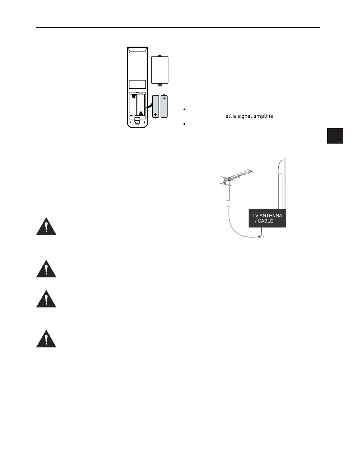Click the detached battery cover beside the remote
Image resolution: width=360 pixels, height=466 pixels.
(160, 70)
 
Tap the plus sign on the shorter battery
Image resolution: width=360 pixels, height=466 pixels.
(156, 114)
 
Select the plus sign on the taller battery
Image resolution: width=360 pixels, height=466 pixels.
(164, 98)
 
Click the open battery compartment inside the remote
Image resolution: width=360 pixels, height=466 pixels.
(137, 105)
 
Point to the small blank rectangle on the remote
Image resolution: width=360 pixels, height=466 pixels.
(137, 84)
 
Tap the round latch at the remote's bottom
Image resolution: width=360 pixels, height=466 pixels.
(138, 120)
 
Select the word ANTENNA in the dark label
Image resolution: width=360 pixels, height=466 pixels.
(271, 216)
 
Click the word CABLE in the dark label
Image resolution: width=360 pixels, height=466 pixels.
(266, 221)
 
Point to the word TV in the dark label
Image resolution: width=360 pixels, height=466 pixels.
(255, 216)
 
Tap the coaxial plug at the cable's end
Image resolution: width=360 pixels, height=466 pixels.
(261, 236)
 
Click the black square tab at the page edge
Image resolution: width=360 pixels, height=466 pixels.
(335, 136)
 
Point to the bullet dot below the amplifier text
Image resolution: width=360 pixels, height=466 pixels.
(184, 124)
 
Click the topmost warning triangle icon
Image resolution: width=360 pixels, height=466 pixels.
(46, 227)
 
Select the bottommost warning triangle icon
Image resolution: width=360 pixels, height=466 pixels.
(46, 339)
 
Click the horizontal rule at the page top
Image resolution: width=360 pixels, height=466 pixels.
(178, 28)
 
